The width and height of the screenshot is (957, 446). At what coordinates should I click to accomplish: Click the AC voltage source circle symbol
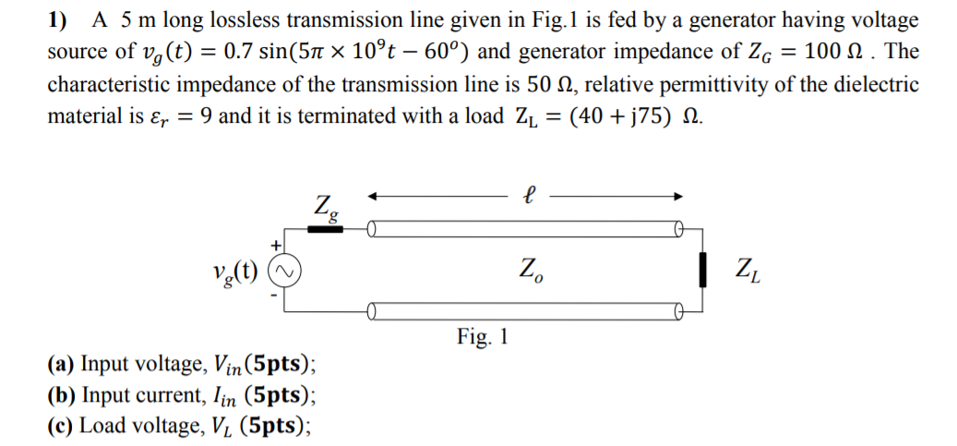[x=282, y=271]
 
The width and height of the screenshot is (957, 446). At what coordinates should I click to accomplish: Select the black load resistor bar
[x=705, y=271]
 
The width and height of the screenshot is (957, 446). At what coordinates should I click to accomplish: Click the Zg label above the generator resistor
[x=325, y=206]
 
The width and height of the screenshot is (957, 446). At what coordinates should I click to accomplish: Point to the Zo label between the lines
[x=531, y=271]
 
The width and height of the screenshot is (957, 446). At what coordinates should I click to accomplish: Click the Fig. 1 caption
[x=483, y=337]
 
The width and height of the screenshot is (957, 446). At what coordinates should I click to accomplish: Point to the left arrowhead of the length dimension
[x=372, y=196]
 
